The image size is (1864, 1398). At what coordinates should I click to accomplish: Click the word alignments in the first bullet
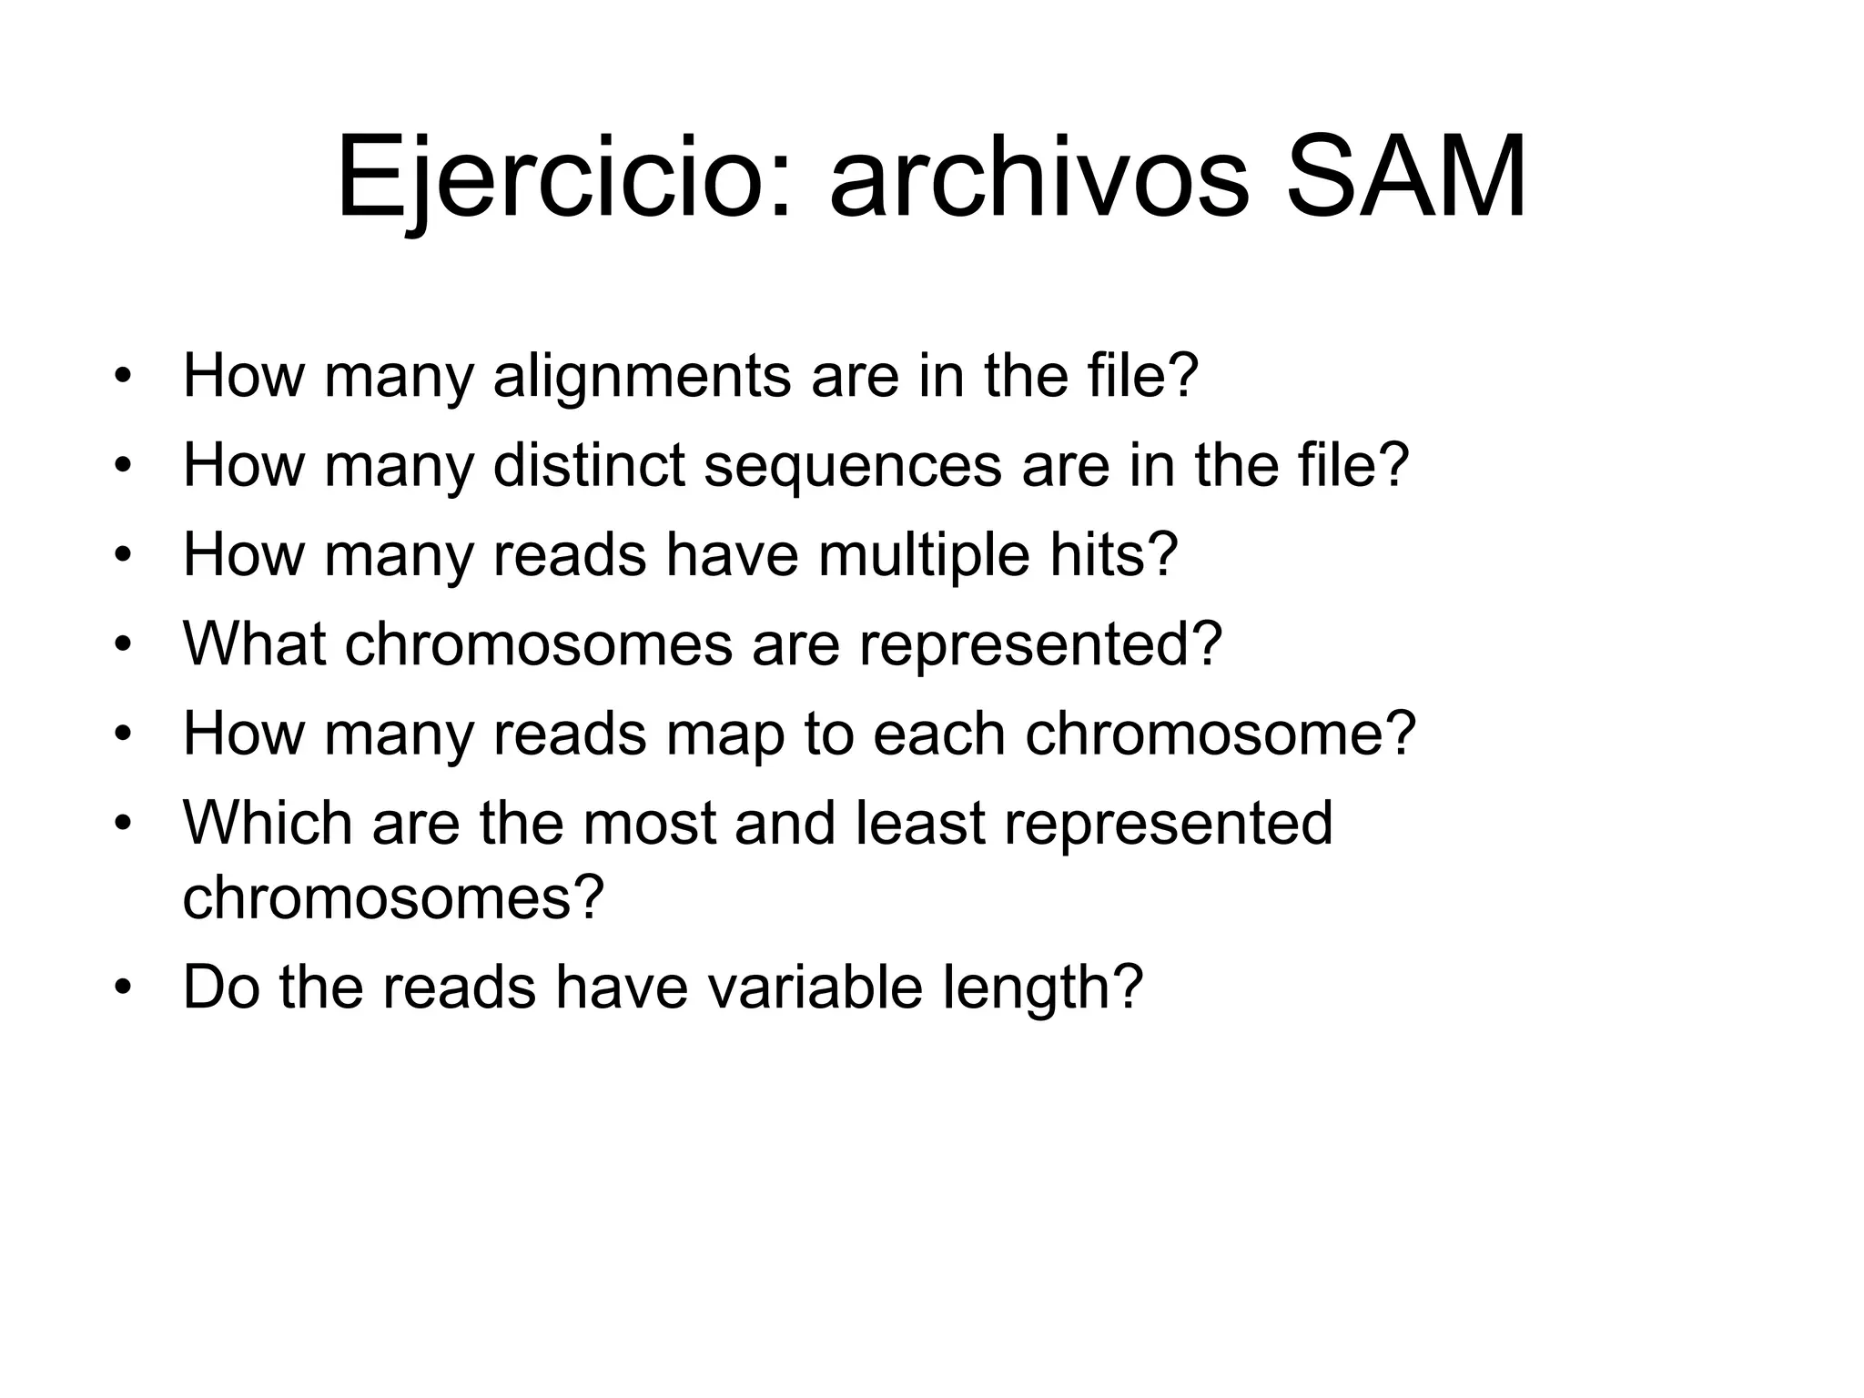click(642, 375)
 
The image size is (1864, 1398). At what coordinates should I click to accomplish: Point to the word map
click(724, 733)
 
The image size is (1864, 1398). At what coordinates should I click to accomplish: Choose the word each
click(938, 733)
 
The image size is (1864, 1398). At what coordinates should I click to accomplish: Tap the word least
click(920, 822)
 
